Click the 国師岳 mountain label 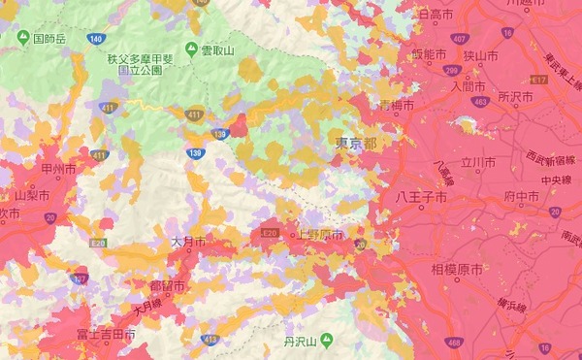[x=49, y=40]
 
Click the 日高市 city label [x=435, y=14]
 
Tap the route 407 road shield [x=458, y=39]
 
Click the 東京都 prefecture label [x=356, y=143]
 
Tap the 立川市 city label [x=479, y=162]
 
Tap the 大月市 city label [x=187, y=240]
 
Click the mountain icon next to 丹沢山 [x=326, y=341]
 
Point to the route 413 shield [x=209, y=340]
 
